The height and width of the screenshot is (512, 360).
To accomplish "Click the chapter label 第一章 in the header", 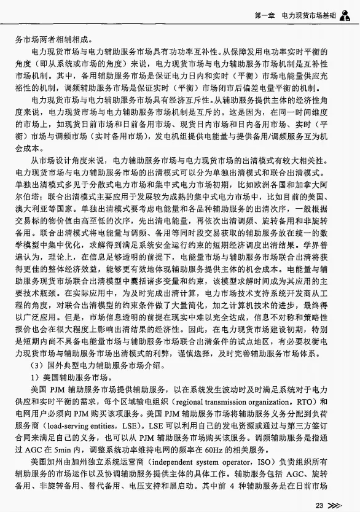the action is click(x=265, y=13).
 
